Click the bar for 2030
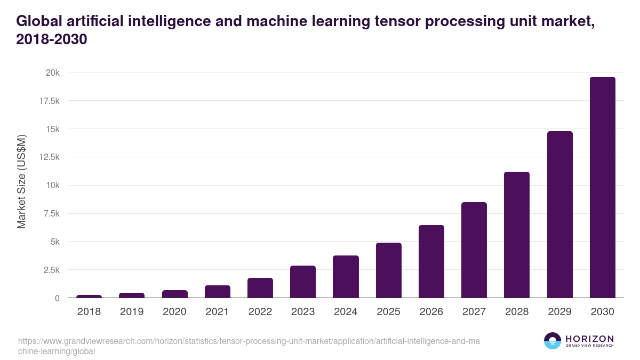[602, 187]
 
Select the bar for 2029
[559, 214]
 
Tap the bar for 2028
[517, 235]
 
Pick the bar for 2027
[474, 250]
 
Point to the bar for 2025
[389, 270]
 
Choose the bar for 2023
[303, 282]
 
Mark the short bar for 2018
[89, 296]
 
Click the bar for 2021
[218, 291]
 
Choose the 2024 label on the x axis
[346, 312]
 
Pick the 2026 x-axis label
[431, 312]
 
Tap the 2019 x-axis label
[132, 312]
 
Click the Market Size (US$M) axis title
[21, 181]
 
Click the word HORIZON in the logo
[589, 339]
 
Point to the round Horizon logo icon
[552, 341]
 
